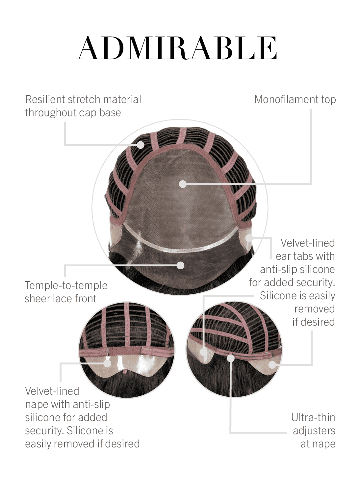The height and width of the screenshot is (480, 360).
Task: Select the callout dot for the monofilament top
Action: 183,184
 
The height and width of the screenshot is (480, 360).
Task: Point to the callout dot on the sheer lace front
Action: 181,265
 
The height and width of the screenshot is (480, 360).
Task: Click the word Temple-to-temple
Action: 66,285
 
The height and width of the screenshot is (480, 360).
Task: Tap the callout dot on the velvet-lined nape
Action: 107,363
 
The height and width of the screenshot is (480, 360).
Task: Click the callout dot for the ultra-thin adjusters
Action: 231,358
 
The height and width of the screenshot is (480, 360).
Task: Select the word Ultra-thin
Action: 313,418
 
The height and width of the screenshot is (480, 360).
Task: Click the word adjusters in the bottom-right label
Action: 314,431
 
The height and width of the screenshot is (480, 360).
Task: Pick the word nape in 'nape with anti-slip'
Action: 37,405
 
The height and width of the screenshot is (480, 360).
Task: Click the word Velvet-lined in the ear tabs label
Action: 308,243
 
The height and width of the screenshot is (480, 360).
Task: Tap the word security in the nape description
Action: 43,431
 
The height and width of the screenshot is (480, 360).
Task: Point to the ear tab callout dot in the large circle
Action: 249,238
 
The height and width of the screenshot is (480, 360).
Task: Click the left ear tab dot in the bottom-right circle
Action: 203,352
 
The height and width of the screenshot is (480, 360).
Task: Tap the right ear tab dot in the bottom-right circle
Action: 272,364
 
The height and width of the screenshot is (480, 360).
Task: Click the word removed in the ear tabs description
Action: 315,309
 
